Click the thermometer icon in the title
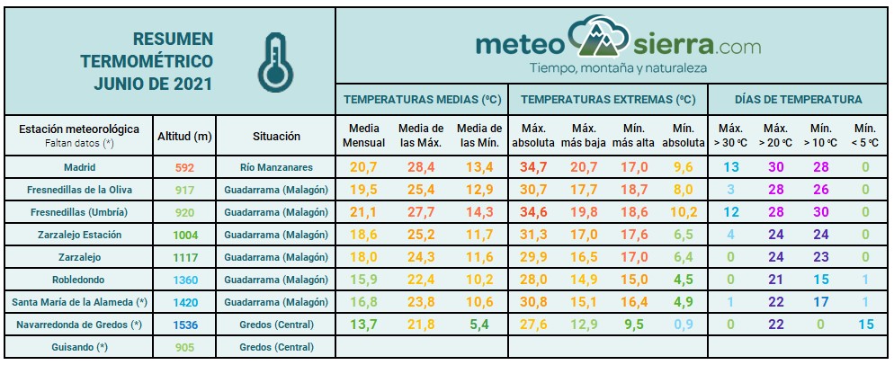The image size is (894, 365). click(x=273, y=60)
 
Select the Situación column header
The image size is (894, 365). click(x=275, y=136)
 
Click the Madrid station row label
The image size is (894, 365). click(x=79, y=167)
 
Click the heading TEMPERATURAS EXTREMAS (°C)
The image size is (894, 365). click(x=608, y=99)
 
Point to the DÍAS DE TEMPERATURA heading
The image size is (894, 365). click(x=798, y=99)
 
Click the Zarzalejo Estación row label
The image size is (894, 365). click(x=79, y=234)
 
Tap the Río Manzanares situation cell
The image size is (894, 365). click(x=275, y=167)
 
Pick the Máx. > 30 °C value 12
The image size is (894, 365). click(x=731, y=211)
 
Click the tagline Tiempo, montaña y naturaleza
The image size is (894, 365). click(x=618, y=68)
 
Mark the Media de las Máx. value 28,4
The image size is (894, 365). click(x=422, y=167)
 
